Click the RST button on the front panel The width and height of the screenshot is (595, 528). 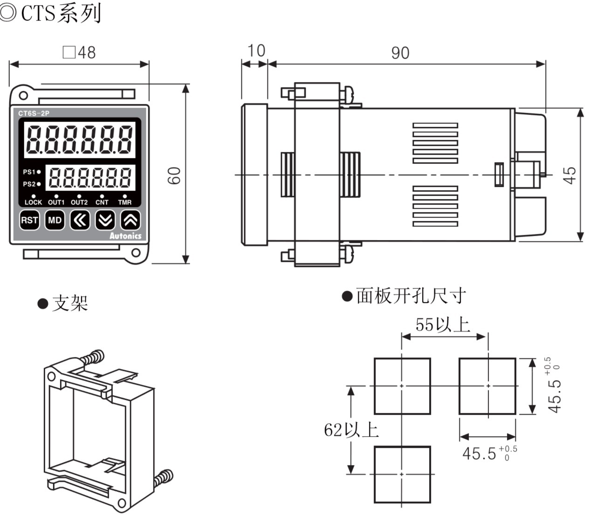[x=29, y=220]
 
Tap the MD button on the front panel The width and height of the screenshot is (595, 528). [x=55, y=220]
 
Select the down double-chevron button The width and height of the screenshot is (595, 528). [x=105, y=220]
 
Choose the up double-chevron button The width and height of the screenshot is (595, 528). [x=130, y=220]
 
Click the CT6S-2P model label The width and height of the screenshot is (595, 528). [x=34, y=113]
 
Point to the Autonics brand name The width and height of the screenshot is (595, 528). [x=125, y=236]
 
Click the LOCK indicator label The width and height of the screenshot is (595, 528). [x=33, y=202]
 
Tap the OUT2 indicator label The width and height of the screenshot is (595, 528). [x=79, y=202]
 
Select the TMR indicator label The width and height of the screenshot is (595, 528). [x=124, y=202]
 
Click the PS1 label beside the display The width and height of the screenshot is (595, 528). [x=29, y=172]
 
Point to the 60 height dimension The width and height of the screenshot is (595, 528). [x=175, y=175]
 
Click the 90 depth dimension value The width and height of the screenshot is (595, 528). [x=400, y=53]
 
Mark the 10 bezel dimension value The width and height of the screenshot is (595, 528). [x=256, y=51]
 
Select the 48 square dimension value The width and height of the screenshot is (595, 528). [x=80, y=52]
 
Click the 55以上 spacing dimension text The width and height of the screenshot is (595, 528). [x=442, y=324]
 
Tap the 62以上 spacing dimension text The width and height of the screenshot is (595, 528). [x=351, y=430]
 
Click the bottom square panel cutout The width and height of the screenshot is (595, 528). [x=402, y=474]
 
